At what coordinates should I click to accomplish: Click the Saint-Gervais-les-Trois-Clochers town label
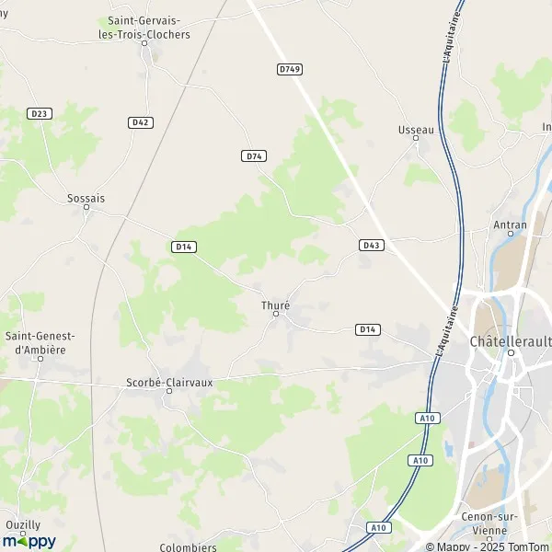coord(149,27)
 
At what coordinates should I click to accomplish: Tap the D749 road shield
coord(289,69)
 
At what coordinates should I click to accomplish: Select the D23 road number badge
coord(39,113)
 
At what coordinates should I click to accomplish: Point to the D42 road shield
coord(140,122)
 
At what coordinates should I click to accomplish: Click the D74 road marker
coord(254,156)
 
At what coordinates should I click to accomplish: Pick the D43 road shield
coord(371,245)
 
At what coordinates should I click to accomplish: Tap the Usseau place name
coord(416,130)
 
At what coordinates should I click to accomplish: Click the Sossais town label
coord(86,197)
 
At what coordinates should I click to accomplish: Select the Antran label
coord(511,224)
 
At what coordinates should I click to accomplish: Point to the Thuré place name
coord(276,305)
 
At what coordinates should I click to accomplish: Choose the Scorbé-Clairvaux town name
coord(169,380)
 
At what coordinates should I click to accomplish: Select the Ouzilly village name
coord(23,524)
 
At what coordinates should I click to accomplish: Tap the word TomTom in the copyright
coord(528,546)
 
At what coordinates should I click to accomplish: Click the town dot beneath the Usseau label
coord(416,140)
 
